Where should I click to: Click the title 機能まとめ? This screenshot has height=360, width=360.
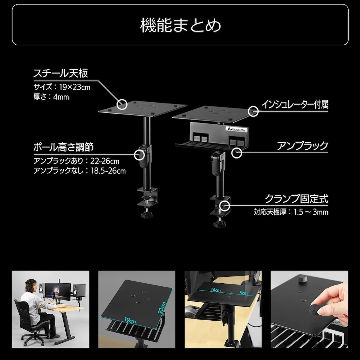pyautogui.click(x=180, y=25)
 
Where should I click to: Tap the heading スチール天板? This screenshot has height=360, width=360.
pyautogui.click(x=60, y=73)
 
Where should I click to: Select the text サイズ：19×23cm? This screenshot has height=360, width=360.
pyautogui.click(x=62, y=87)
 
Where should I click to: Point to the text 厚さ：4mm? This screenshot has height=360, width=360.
pyautogui.click(x=51, y=97)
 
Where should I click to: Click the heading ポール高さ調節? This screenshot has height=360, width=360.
pyautogui.click(x=63, y=147)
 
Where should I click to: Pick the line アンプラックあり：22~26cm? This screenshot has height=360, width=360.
pyautogui.click(x=76, y=161)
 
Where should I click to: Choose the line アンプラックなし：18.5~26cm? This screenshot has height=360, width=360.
pyautogui.click(x=80, y=171)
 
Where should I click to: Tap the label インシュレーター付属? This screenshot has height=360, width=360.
pyautogui.click(x=295, y=104)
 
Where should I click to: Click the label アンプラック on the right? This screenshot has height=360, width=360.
pyautogui.click(x=303, y=146)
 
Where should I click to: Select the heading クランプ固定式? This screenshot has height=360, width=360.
pyautogui.click(x=297, y=199)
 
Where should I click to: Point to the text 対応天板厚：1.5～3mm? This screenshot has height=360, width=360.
pyautogui.click(x=291, y=212)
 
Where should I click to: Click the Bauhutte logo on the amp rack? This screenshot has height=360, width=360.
pyautogui.click(x=237, y=129)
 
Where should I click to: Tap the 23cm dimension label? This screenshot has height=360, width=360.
pyautogui.click(x=162, y=308)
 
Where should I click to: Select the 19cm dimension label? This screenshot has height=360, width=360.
pyautogui.click(x=130, y=320)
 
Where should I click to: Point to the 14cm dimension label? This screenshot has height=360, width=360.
pyautogui.click(x=216, y=290)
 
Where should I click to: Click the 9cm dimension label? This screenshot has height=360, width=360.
pyautogui.click(x=243, y=293)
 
